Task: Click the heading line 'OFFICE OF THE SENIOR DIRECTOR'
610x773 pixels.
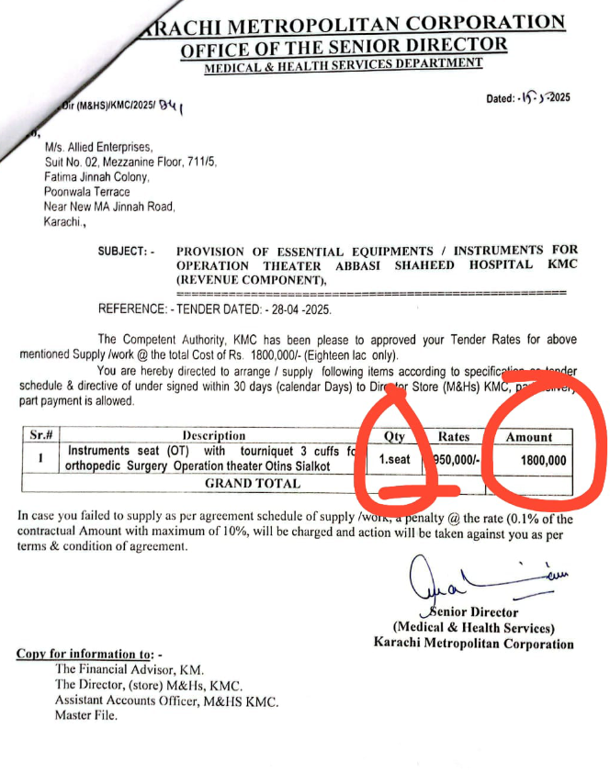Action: coord(342,45)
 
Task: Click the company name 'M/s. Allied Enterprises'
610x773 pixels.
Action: coord(99,147)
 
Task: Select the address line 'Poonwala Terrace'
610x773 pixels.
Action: coord(87,192)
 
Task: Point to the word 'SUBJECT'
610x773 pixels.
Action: coord(123,251)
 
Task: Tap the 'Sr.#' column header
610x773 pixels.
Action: coord(40,435)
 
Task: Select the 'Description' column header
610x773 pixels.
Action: coord(213,435)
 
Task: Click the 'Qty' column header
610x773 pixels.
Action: coord(393,437)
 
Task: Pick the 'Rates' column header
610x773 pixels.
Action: coord(454,437)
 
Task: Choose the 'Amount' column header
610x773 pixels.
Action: coord(529,437)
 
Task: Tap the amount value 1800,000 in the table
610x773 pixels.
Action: coord(543,460)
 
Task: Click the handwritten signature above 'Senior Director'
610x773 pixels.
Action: coord(459,580)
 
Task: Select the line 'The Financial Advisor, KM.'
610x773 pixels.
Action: coord(130,670)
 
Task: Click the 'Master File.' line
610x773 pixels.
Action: coord(86,715)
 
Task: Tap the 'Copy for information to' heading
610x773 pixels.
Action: coord(88,654)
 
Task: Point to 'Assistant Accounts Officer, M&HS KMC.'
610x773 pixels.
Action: coord(166,700)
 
